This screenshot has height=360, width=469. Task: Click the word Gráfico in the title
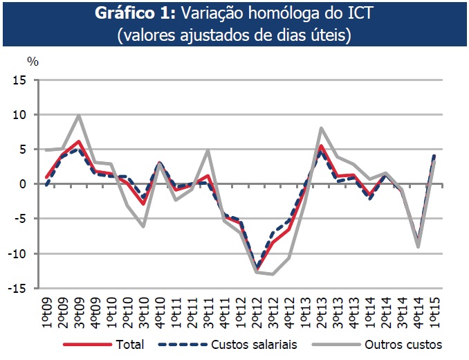coord(138,15)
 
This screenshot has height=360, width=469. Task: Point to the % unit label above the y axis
coord(33,60)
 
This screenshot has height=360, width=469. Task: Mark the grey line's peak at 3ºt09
coord(79,116)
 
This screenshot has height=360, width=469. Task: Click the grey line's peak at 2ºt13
coord(321,128)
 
